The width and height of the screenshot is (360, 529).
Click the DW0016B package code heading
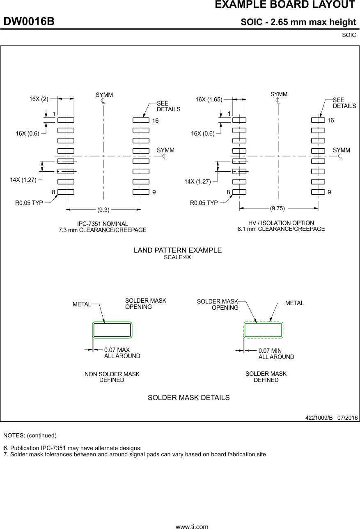point(29,22)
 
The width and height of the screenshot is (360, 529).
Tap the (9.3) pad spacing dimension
point(103,210)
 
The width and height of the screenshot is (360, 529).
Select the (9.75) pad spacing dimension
point(277,208)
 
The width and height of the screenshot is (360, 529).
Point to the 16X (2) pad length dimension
point(39,99)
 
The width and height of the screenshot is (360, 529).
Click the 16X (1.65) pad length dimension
point(209,99)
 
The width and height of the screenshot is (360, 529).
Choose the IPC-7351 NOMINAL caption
point(103,223)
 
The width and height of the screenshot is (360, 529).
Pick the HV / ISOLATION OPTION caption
point(281,223)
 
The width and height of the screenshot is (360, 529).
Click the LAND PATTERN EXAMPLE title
point(177,250)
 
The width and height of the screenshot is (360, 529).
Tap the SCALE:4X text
point(177,258)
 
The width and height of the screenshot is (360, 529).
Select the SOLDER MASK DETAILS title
point(188,398)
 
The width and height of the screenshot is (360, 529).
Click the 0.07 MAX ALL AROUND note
point(122,353)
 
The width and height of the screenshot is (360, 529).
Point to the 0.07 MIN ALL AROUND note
point(276,354)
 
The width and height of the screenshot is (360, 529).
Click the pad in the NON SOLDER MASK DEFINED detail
point(112,330)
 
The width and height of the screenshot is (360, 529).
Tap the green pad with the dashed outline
point(263,330)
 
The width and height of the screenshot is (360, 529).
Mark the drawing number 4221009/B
point(319,418)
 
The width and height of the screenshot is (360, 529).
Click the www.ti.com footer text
point(192,526)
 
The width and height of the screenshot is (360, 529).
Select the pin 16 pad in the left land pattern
point(141,120)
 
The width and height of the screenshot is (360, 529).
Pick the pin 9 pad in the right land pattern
point(318,192)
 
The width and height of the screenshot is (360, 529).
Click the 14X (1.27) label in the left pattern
point(23,179)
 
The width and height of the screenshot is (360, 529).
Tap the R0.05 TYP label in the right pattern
point(204,202)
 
